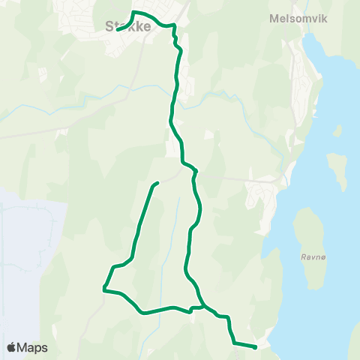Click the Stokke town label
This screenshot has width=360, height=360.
(x=129, y=26)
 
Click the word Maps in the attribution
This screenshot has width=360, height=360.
(x=33, y=347)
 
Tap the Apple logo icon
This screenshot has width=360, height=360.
(x=11, y=347)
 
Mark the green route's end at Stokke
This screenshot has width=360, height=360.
(x=118, y=31)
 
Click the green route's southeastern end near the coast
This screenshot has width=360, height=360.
(x=256, y=346)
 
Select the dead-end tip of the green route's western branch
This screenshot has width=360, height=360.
(x=157, y=182)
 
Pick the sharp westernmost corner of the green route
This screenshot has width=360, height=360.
(x=103, y=287)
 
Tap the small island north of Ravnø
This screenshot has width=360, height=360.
(x=337, y=171)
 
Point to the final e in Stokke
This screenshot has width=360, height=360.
(x=148, y=26)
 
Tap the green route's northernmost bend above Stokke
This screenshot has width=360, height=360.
(x=134, y=13)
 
